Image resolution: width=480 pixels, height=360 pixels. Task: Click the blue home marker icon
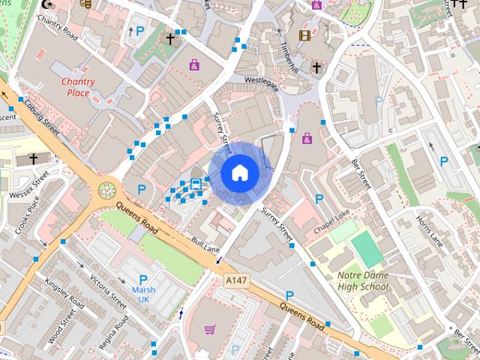(x=239, y=172)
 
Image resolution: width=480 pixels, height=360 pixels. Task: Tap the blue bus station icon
(x=196, y=184)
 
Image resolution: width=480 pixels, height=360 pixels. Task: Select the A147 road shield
(x=235, y=279)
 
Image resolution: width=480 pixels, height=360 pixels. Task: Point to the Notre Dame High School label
(x=363, y=280)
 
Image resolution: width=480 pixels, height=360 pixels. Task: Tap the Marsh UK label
(x=142, y=294)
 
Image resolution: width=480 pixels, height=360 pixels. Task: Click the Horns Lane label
(x=430, y=232)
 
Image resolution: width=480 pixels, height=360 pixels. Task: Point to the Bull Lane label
(x=205, y=244)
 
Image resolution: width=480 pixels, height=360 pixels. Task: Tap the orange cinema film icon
(x=304, y=34)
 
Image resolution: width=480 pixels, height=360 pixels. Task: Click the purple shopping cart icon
(x=209, y=329)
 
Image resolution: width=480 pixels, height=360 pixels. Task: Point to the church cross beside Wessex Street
(x=33, y=158)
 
